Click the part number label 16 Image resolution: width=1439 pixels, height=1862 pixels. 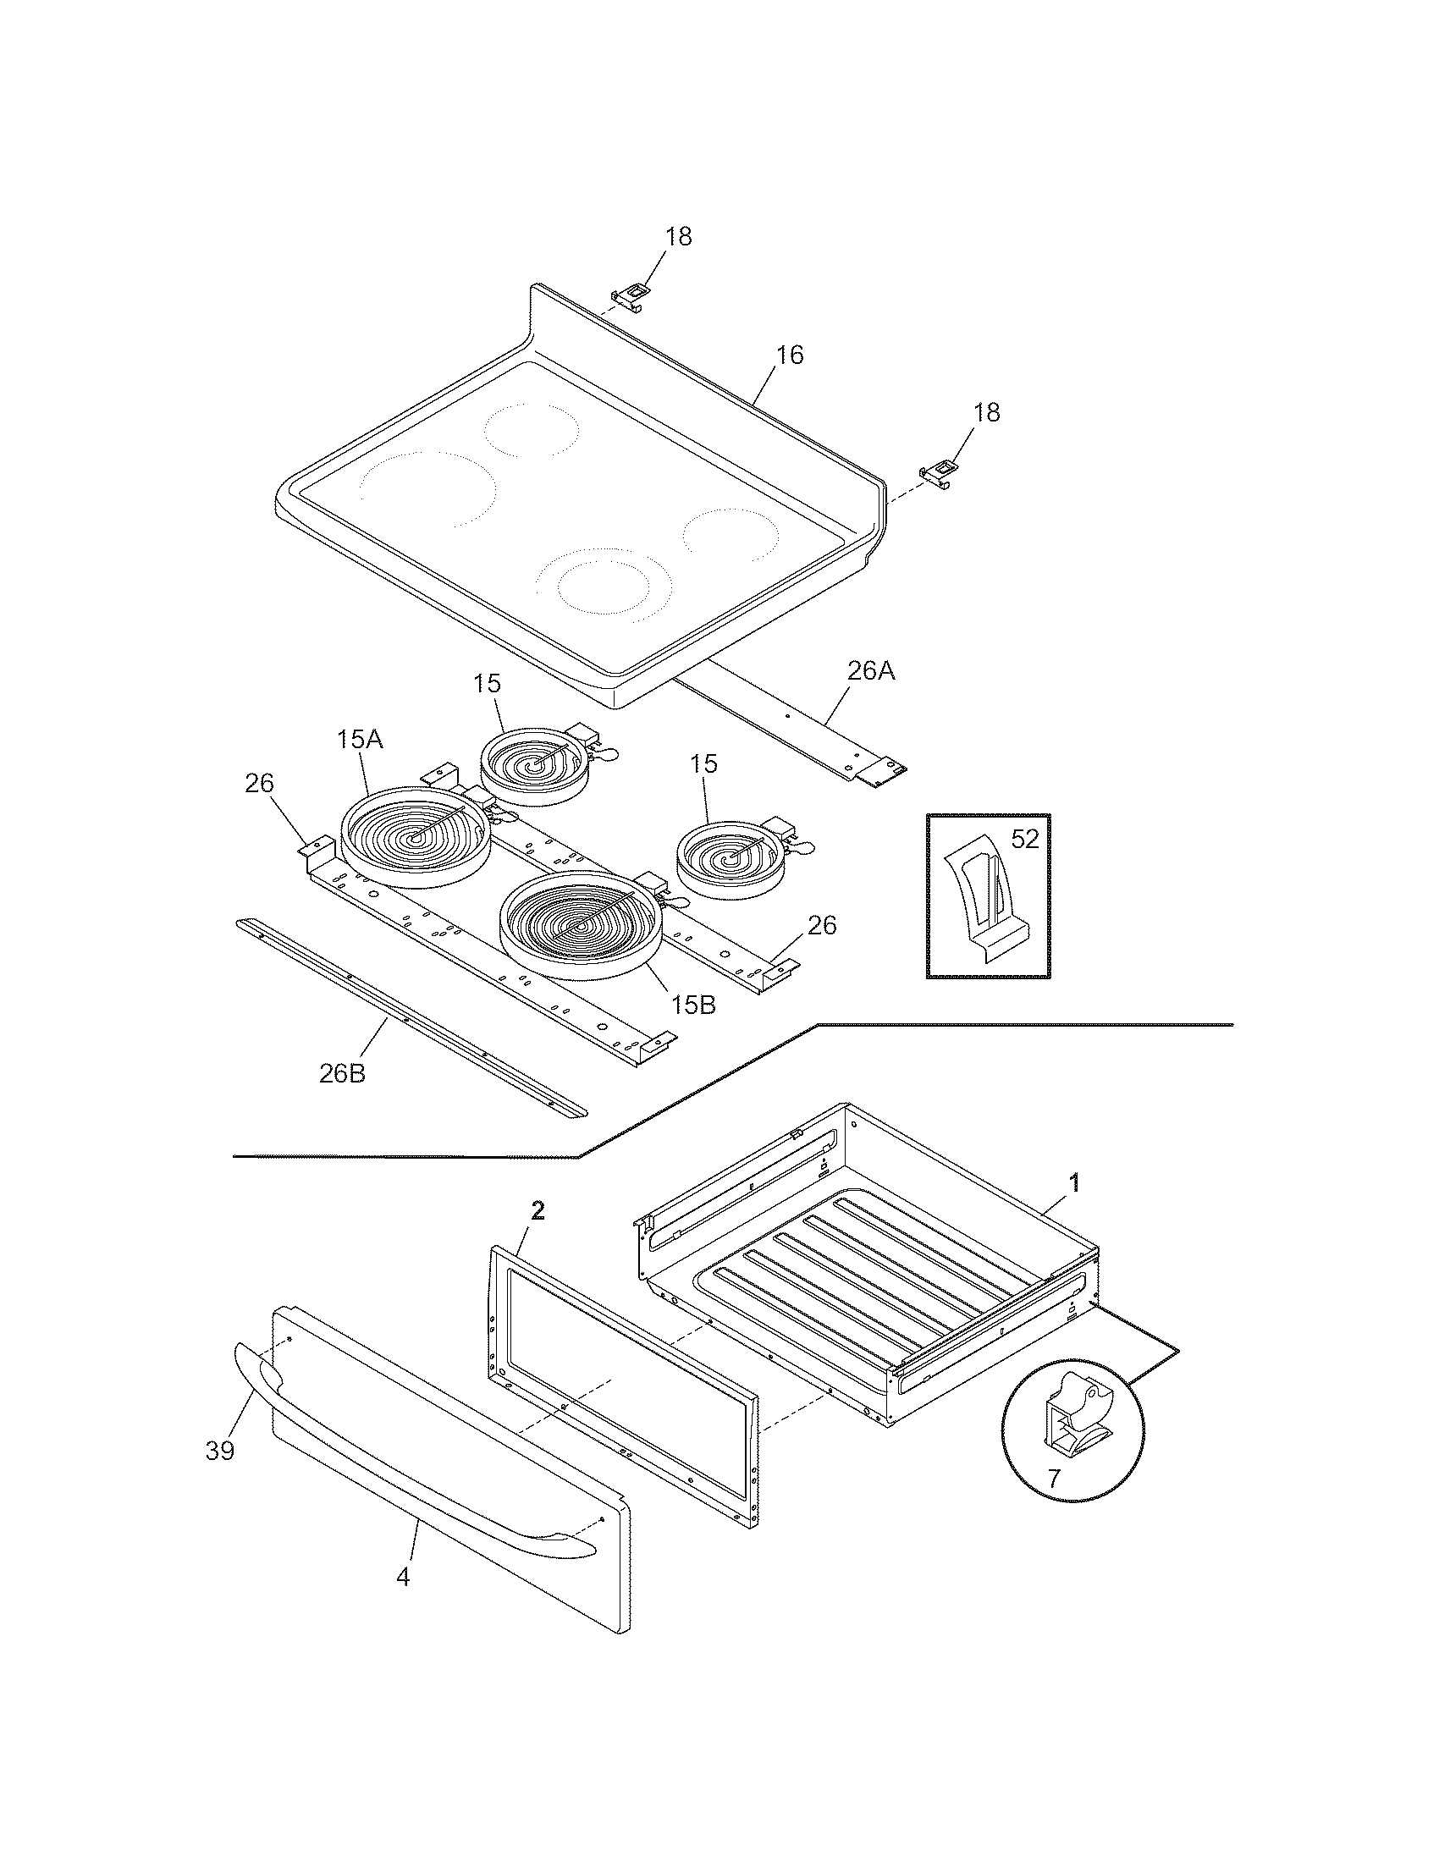click(x=790, y=355)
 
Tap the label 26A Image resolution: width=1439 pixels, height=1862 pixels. click(x=870, y=672)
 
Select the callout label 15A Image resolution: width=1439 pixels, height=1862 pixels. click(x=359, y=740)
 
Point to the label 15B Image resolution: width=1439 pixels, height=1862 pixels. click(x=692, y=1005)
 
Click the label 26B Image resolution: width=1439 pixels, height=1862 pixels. click(x=343, y=1073)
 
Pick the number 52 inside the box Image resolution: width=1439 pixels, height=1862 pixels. click(x=1025, y=840)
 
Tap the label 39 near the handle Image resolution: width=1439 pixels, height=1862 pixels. click(x=220, y=1450)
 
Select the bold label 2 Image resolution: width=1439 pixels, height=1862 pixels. click(x=537, y=1209)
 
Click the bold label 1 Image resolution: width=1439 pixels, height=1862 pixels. click(x=1075, y=1182)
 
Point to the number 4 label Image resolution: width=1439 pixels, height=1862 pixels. click(x=403, y=1578)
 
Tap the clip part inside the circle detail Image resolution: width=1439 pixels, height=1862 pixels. click(x=1074, y=1415)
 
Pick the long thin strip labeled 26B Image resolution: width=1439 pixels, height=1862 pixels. click(x=409, y=1019)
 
